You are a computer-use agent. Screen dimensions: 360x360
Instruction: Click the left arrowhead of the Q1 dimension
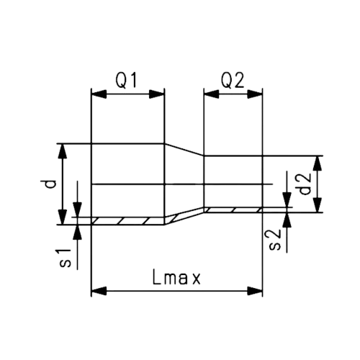coord(96,93)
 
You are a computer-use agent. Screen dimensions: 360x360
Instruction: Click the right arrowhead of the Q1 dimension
coord(159,93)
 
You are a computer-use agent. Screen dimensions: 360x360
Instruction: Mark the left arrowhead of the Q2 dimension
coord(209,93)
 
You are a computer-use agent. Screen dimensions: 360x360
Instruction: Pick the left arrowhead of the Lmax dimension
coord(96,291)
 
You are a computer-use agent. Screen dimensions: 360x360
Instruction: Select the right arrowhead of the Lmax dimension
coord(257,291)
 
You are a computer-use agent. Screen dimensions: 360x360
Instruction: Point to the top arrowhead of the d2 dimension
coord(319,161)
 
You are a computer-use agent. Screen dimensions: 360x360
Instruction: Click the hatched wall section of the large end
coord(126,220)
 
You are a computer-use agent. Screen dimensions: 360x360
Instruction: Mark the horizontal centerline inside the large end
coord(130,184)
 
